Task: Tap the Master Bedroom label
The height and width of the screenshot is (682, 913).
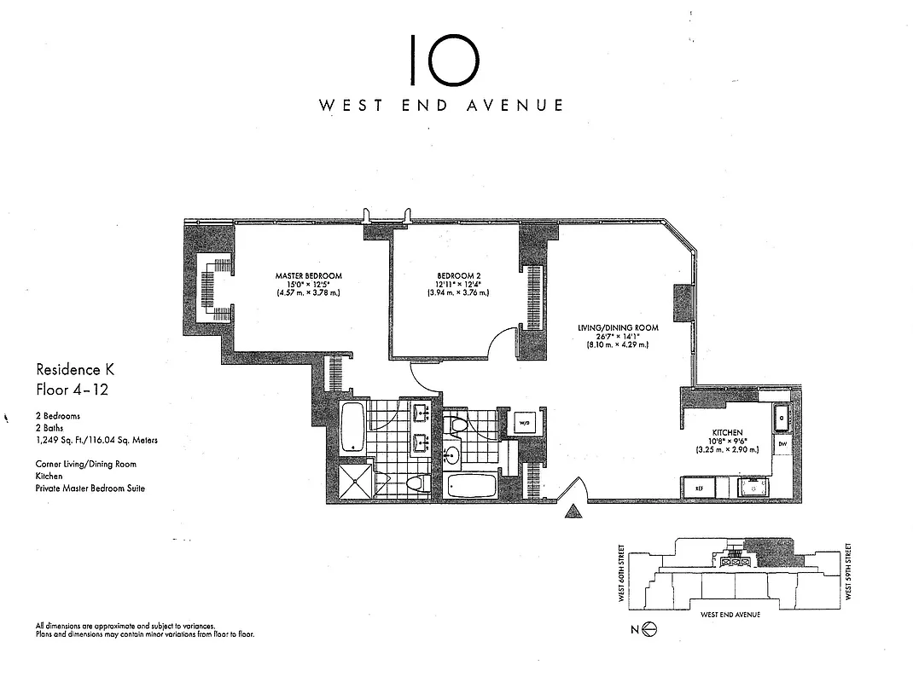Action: coord(308,276)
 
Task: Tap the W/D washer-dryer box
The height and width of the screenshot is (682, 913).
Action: coord(522,423)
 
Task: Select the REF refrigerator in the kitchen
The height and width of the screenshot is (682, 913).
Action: coord(698,488)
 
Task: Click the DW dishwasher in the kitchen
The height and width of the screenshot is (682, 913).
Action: coord(782,444)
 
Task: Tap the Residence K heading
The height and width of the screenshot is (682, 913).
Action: coord(75,370)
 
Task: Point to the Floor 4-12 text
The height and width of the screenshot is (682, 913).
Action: coord(72,390)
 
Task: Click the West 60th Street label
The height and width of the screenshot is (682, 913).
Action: coord(621,574)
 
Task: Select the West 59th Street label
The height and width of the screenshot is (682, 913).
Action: coord(849,574)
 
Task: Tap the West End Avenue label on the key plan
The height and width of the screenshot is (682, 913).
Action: coord(730,614)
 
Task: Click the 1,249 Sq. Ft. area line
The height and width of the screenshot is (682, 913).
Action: coord(96,441)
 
